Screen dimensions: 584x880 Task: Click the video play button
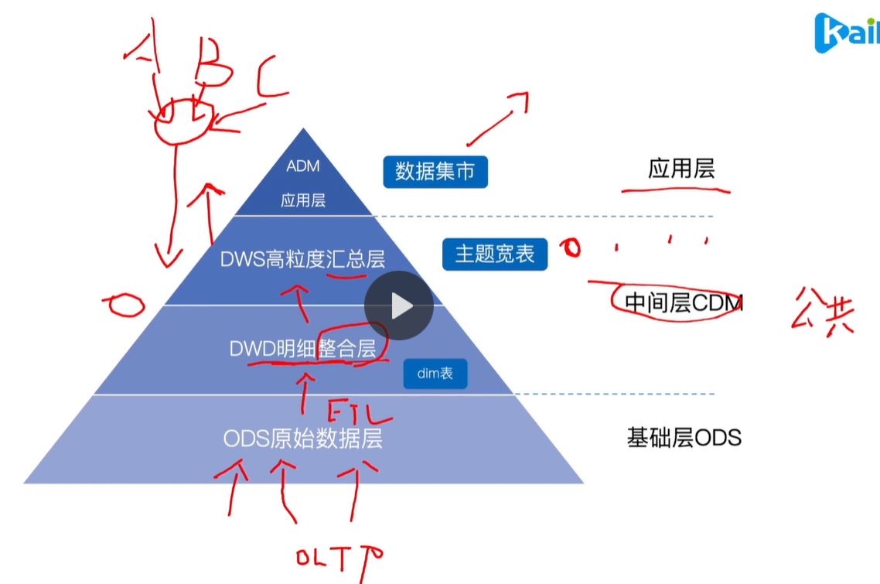(x=399, y=306)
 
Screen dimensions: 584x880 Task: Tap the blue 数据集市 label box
(x=435, y=171)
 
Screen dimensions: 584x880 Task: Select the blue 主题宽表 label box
(x=495, y=254)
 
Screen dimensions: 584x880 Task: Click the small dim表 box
(x=435, y=374)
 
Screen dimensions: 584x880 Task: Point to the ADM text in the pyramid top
(x=302, y=166)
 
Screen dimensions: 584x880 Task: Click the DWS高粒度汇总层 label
(x=302, y=259)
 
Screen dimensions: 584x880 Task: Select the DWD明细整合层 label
(x=302, y=349)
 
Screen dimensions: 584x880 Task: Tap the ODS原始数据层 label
(x=302, y=439)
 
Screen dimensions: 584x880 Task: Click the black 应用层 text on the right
(x=680, y=169)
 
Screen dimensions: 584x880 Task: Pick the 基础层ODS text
(x=684, y=438)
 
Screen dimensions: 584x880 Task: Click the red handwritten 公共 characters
(x=822, y=310)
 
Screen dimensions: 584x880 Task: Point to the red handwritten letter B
(x=211, y=68)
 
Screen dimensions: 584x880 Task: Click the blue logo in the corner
(x=846, y=32)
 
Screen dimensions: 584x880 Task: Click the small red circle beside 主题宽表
(x=571, y=248)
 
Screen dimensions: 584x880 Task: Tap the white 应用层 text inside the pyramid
(x=302, y=201)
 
